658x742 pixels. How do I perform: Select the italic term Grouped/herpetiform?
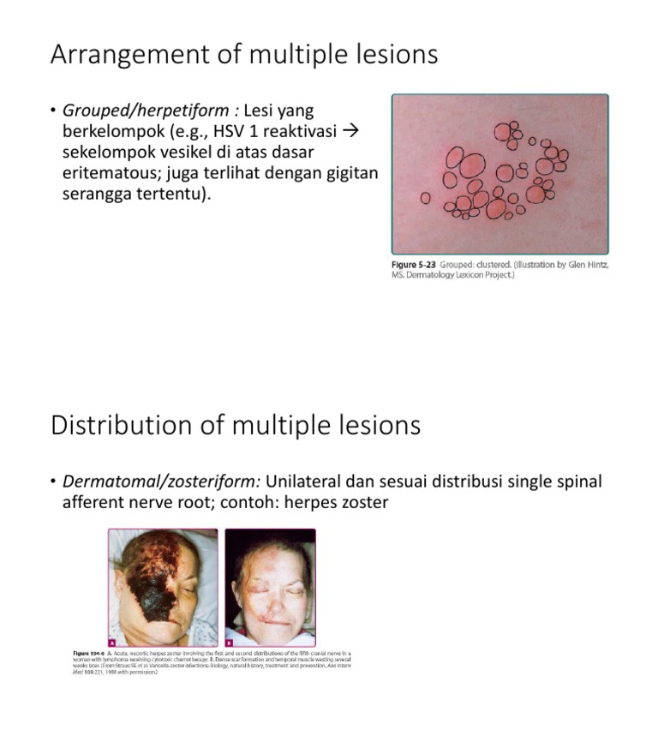[146, 111]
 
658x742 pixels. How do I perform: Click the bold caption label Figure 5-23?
[418, 266]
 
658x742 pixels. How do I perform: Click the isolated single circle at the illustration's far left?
[426, 198]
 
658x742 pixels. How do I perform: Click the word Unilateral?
[305, 482]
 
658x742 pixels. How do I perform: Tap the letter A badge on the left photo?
[113, 641]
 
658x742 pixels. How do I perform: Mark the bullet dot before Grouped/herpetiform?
[53, 112]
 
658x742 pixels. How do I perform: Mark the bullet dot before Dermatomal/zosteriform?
[53, 482]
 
